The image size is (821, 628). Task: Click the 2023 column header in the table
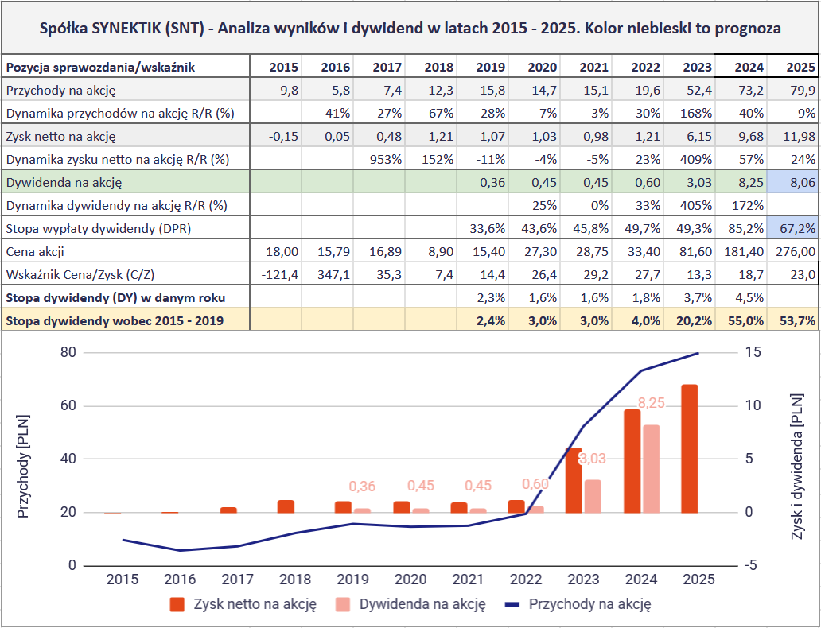(698, 67)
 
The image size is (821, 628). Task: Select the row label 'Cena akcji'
(36, 251)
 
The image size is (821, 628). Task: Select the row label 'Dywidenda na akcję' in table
(64, 182)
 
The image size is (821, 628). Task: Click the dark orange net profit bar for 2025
(690, 448)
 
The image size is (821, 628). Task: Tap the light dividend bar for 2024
(652, 468)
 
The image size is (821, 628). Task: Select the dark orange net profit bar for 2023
(574, 479)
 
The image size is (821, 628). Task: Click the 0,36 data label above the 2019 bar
(362, 486)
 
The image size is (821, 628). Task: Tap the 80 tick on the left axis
(68, 352)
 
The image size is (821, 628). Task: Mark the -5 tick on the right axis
(750, 565)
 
